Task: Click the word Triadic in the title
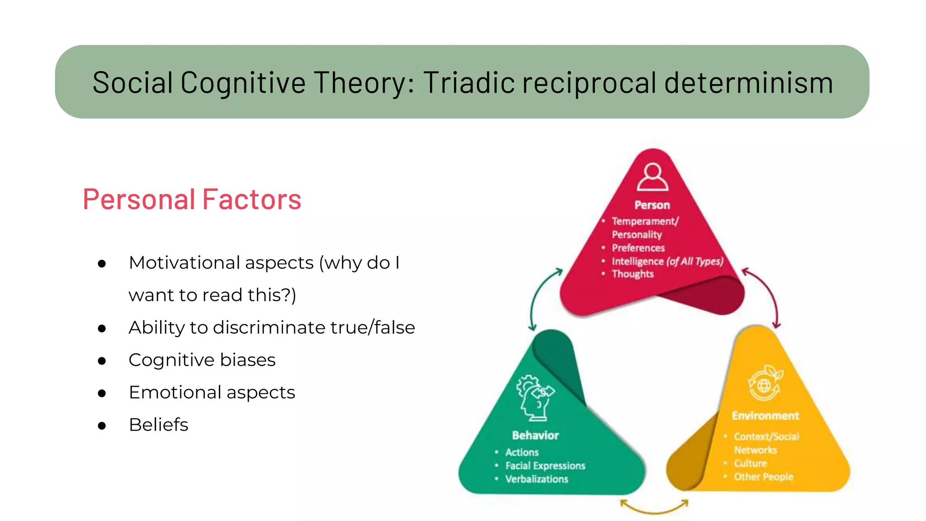[468, 83]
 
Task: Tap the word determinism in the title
[748, 83]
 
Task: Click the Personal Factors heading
[192, 199]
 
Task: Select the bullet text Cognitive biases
[202, 360]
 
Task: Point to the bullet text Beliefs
[158, 425]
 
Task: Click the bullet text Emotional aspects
[212, 393]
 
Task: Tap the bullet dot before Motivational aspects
[102, 264]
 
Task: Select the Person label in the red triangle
[652, 205]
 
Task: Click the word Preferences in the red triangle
[638, 248]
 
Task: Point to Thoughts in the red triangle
[633, 274]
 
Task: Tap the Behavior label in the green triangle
[535, 436]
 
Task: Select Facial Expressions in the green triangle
[545, 466]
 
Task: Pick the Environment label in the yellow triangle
[765, 416]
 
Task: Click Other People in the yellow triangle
[763, 477]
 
